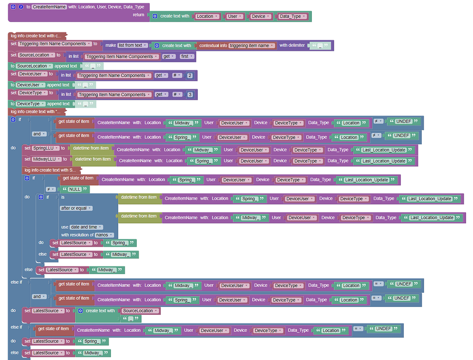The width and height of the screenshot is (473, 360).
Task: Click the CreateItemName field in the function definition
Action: (49, 7)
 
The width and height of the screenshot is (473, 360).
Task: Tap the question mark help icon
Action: (21, 7)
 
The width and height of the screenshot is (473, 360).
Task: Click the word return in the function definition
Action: (139, 15)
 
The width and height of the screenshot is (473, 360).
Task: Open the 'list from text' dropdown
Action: (133, 45)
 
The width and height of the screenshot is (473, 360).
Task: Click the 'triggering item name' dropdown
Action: (252, 45)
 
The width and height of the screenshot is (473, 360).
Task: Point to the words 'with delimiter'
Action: (292, 45)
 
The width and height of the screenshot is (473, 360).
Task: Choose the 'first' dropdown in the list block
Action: (187, 56)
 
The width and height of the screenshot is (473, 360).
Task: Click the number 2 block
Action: (190, 75)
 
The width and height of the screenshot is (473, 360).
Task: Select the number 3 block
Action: (190, 94)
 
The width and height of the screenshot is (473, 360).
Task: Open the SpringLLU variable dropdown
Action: (45, 148)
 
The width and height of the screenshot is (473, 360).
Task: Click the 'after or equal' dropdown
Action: (76, 208)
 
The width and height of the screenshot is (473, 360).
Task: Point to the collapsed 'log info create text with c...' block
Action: (36, 36)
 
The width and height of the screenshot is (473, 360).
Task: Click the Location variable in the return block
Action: (206, 16)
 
